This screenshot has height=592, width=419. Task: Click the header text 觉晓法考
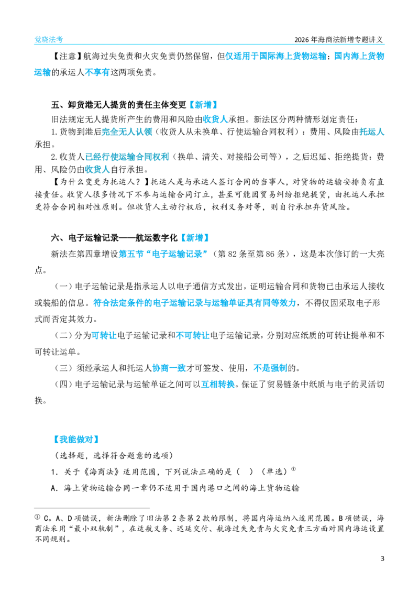[x=49, y=39]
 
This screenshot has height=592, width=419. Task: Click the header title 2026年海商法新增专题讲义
[x=338, y=39]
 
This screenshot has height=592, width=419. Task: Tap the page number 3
[x=382, y=558]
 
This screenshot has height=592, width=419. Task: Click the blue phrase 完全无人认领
[x=127, y=132]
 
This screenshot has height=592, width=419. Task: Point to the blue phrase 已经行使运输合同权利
[x=127, y=157]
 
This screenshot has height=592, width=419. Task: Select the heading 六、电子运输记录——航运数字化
[x=114, y=238]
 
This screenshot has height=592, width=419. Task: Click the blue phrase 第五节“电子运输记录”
[x=163, y=254]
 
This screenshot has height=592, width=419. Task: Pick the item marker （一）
[x=63, y=287]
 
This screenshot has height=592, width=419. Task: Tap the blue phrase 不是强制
[x=270, y=368]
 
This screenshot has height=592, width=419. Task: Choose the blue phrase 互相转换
[x=218, y=385]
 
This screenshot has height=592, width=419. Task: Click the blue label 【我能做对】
[x=76, y=440]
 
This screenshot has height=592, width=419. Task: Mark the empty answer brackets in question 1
[x=245, y=472]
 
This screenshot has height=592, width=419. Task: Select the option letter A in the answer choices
[x=54, y=489]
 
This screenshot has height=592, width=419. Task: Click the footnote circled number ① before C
[x=37, y=517]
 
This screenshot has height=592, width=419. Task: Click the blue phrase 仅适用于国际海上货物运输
[x=276, y=56]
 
